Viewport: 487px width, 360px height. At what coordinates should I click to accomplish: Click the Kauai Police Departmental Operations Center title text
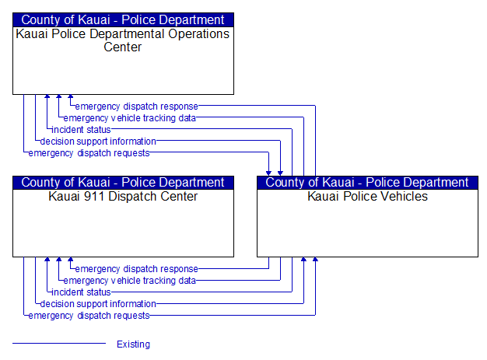(x=123, y=40)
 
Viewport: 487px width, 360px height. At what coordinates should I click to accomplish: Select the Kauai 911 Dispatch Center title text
(x=123, y=197)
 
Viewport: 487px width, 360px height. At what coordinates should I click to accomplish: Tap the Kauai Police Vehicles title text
(x=367, y=197)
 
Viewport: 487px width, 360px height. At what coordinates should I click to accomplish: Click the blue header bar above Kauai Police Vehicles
(x=367, y=183)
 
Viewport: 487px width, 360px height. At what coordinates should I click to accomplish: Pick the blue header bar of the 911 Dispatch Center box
(x=123, y=183)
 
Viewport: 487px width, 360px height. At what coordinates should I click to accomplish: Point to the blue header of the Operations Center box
(x=123, y=20)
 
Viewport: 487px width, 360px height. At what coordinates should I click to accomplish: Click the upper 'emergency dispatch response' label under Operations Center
(x=137, y=107)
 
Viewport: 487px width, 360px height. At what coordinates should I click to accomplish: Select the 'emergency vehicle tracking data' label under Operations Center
(x=129, y=118)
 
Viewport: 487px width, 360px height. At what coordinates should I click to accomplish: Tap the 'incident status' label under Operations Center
(x=81, y=130)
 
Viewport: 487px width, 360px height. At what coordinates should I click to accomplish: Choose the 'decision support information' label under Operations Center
(x=98, y=142)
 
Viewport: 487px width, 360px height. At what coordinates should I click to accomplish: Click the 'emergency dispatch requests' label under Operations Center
(x=89, y=153)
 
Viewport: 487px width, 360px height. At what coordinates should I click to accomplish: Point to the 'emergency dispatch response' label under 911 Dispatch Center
(x=137, y=269)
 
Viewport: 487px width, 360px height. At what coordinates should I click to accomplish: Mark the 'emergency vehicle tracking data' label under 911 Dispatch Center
(x=129, y=281)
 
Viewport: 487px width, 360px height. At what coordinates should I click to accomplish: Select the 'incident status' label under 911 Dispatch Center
(x=81, y=292)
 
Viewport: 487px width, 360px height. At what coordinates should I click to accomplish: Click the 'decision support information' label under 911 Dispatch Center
(x=98, y=304)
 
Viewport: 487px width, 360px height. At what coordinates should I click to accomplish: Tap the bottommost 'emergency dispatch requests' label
(x=89, y=316)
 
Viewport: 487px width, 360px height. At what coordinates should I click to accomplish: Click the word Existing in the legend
(x=133, y=344)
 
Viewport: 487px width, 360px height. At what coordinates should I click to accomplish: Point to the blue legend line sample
(x=59, y=343)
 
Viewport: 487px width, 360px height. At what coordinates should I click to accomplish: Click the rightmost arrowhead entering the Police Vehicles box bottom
(x=315, y=260)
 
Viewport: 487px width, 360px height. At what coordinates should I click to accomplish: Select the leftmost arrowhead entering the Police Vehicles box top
(x=268, y=173)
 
